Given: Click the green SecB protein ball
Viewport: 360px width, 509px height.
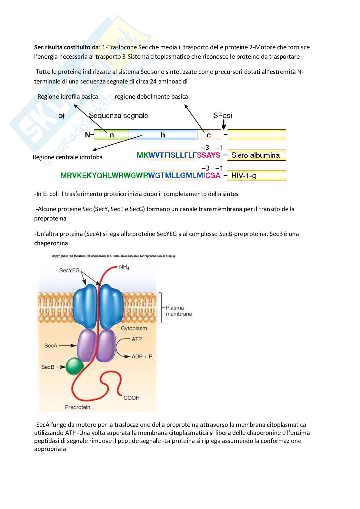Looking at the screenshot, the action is pyautogui.click(x=75, y=366).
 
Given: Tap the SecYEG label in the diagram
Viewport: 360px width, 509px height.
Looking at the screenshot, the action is pyautogui.click(x=69, y=270).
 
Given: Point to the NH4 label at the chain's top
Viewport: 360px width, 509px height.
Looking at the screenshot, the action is pyautogui.click(x=124, y=267).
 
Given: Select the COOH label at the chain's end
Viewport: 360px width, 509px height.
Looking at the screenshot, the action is pyautogui.click(x=131, y=398).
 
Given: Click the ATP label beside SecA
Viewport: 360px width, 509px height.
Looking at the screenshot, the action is pyautogui.click(x=137, y=339).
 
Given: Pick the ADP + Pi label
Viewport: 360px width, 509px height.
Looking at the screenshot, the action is pyautogui.click(x=143, y=357).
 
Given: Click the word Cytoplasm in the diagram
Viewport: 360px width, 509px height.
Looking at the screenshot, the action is pyautogui.click(x=134, y=328).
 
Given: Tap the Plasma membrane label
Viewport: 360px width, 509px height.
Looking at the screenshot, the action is pyautogui.click(x=179, y=311).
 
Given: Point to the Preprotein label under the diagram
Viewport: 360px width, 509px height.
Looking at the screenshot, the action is pyautogui.click(x=77, y=407).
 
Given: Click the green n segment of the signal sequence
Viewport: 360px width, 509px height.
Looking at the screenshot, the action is pyautogui.click(x=111, y=135).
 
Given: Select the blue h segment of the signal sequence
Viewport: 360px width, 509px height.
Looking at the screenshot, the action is pyautogui.click(x=163, y=135).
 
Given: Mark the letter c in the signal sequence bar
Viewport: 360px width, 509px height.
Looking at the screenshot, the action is pyautogui.click(x=208, y=135).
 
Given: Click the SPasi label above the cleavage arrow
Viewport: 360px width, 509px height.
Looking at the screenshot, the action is pyautogui.click(x=223, y=115).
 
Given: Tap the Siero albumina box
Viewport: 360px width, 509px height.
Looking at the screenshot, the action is pyautogui.click(x=257, y=155).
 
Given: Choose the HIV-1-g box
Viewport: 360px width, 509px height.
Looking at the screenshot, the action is pyautogui.click(x=257, y=175).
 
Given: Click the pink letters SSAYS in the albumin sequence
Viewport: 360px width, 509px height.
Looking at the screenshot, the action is pyautogui.click(x=208, y=155).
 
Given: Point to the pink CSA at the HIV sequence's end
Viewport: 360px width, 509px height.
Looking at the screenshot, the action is pyautogui.click(x=213, y=175).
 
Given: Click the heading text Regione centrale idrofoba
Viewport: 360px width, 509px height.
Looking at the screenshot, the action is pyautogui.click(x=67, y=157).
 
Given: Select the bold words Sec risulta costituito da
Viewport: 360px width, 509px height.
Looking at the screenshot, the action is pyautogui.click(x=66, y=47).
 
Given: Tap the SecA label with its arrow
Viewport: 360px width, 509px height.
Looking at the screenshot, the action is pyautogui.click(x=60, y=346).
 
